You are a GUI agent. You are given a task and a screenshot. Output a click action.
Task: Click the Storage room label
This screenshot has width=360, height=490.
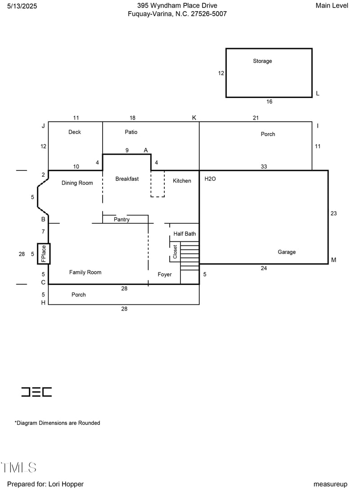click(x=262, y=61)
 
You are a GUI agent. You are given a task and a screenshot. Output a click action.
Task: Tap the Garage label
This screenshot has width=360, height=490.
click(x=287, y=252)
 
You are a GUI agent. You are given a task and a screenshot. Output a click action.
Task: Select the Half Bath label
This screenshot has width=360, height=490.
click(x=184, y=234)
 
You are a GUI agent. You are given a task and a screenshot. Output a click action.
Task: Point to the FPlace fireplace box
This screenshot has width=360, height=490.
click(x=44, y=254)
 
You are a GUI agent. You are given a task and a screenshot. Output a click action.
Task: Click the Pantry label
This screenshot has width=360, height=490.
click(x=121, y=219)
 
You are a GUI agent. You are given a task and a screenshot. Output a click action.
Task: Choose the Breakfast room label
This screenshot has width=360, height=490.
click(x=127, y=179)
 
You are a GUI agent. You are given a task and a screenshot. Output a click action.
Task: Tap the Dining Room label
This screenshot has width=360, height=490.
click(x=77, y=183)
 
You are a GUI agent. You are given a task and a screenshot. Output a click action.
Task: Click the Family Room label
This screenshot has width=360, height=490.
click(x=85, y=272)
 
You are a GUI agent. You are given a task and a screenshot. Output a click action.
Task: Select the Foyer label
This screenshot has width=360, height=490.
click(x=164, y=275)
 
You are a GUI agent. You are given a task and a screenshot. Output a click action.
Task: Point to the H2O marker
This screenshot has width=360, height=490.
click(x=210, y=179)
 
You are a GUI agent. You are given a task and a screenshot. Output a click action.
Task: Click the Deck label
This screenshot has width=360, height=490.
click(x=75, y=132)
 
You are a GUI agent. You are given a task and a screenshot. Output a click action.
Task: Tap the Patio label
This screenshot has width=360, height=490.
click(x=131, y=132)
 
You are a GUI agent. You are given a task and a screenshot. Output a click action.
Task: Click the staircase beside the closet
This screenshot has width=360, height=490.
click(x=189, y=256)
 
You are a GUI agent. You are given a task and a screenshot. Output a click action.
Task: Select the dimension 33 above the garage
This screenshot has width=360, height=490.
click(x=264, y=167)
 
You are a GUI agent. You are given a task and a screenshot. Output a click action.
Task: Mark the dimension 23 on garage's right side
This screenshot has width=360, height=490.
click(x=333, y=214)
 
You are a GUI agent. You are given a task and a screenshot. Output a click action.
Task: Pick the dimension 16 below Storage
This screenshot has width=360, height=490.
click(x=269, y=102)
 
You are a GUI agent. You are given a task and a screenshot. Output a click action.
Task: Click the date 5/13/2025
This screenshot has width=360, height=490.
click(x=22, y=6)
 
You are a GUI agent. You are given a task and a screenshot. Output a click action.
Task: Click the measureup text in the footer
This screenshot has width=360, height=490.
click(x=330, y=484)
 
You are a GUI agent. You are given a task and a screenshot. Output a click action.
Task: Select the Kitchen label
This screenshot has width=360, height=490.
click(x=182, y=181)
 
